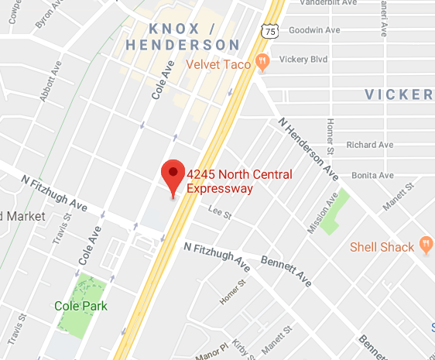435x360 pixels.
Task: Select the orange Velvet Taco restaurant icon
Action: tap(262, 63)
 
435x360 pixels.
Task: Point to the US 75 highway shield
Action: tap(269, 31)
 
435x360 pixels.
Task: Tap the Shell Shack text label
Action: tap(382, 247)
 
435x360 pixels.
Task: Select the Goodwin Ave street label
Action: tap(314, 30)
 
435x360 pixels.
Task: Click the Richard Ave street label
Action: tap(370, 145)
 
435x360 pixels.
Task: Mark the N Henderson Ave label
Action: tap(308, 147)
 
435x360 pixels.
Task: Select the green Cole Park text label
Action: tap(80, 305)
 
